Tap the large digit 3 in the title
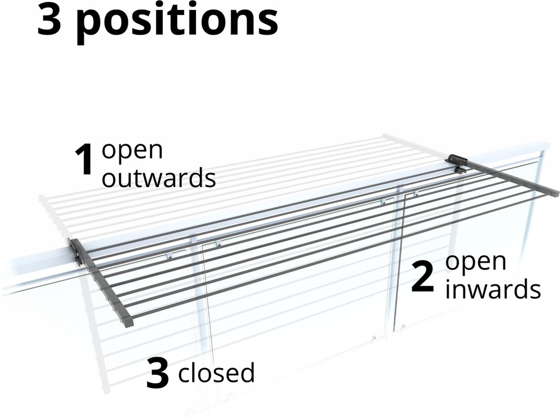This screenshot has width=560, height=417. pyautogui.click(x=49, y=19)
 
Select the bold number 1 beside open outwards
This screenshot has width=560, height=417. pyautogui.click(x=84, y=159)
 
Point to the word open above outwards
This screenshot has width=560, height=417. pyautogui.click(x=132, y=152)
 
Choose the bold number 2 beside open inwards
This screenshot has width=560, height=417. pyautogui.click(x=422, y=277)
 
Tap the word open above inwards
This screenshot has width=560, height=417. pyautogui.click(x=476, y=263)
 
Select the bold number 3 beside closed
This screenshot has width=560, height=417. pyautogui.click(x=157, y=374)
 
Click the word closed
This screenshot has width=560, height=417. pyautogui.click(x=217, y=372)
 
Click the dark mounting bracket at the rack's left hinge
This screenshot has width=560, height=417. pyautogui.click(x=75, y=252)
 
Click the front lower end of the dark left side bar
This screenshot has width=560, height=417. pyautogui.click(x=129, y=324)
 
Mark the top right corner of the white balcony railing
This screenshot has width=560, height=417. pyautogui.click(x=549, y=144)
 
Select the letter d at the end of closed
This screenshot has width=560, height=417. pyautogui.click(x=247, y=372)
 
